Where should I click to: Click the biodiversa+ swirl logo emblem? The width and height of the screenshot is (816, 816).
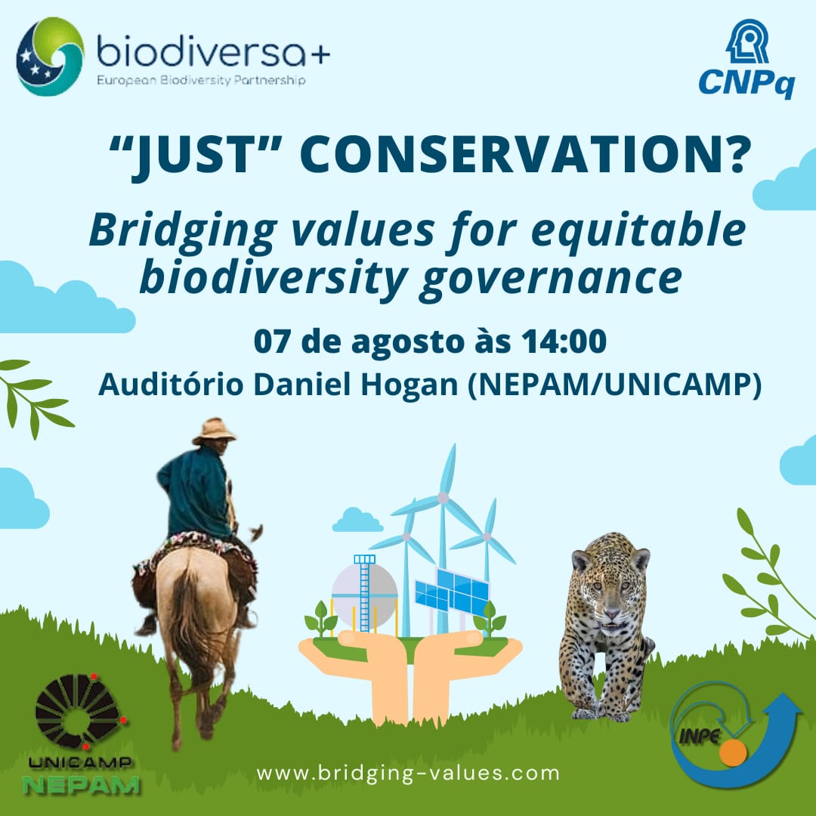click(50, 56)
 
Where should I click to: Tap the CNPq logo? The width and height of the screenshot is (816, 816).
click(746, 59)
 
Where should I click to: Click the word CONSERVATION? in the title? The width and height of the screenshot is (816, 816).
click(525, 154)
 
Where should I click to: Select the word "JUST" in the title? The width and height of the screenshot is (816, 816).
click(195, 155)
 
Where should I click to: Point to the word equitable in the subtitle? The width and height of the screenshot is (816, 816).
click(638, 230)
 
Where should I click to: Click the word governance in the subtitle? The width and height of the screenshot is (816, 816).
click(550, 279)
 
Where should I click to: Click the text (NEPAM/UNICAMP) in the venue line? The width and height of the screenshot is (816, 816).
click(614, 385)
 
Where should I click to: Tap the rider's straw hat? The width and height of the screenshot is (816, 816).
click(214, 431)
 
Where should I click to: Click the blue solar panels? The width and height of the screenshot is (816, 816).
click(452, 592)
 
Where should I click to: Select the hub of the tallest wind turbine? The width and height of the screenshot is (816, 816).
click(442, 498)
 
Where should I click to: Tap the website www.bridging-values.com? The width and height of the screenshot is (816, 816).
click(407, 773)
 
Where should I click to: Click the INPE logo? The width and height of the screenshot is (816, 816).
click(735, 735)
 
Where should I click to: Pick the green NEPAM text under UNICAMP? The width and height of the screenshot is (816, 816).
click(81, 785)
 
